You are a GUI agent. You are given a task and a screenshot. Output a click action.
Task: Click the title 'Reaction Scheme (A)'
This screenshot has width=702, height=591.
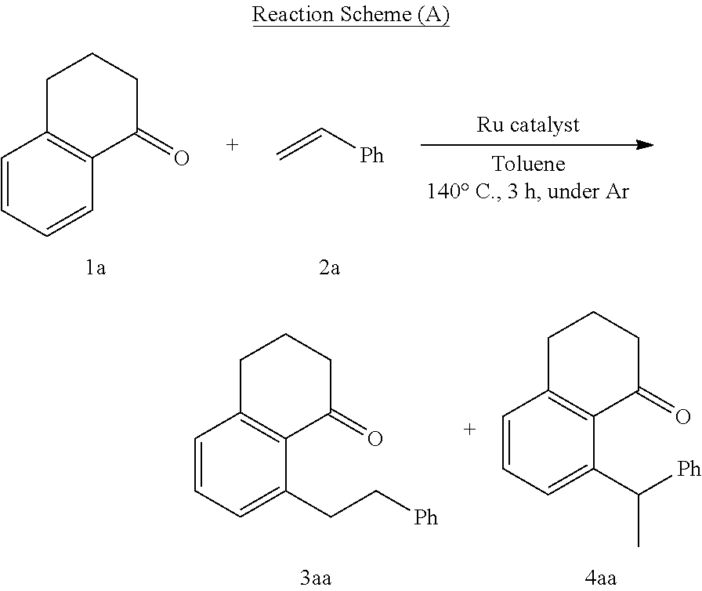[350, 16]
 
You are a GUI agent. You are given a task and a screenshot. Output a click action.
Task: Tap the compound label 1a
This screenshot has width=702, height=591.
[96, 269]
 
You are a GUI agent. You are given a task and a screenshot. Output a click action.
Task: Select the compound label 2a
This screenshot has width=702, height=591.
[329, 269]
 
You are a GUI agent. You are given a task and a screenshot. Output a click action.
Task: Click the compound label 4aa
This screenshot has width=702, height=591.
[600, 578]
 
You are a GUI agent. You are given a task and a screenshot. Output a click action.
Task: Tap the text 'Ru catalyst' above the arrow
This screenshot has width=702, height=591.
[528, 125]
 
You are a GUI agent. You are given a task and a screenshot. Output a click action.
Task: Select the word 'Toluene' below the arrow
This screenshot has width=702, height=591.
[528, 165]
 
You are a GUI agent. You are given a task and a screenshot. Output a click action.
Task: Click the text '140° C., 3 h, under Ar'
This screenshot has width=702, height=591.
[528, 191]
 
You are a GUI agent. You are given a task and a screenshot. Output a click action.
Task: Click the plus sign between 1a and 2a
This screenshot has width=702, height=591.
[232, 145]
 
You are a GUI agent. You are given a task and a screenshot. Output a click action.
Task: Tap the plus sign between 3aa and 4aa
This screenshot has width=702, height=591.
[469, 430]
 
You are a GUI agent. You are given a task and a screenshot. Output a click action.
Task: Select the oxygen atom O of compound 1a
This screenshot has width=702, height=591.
[181, 159]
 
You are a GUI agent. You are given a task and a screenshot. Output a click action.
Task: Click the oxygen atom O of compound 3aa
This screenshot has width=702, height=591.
[375, 439]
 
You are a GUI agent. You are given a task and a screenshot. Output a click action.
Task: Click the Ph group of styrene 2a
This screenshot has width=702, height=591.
[371, 156]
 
